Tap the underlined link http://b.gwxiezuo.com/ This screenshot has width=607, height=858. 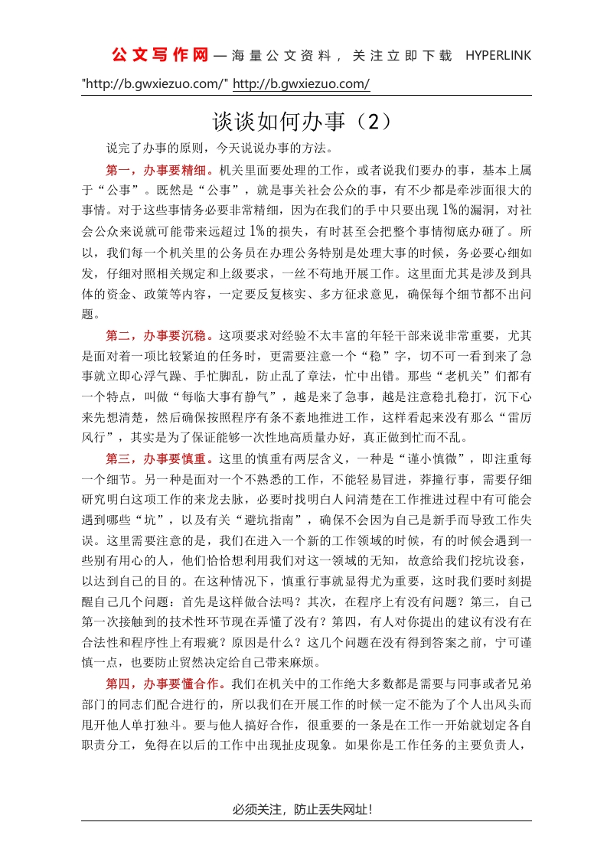pos(301,83)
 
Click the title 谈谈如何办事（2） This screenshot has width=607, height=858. pos(302,122)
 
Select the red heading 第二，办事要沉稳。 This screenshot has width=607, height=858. pos(161,334)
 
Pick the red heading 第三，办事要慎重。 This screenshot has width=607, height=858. pos(161,459)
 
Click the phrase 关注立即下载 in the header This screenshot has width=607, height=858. pos(403,56)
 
